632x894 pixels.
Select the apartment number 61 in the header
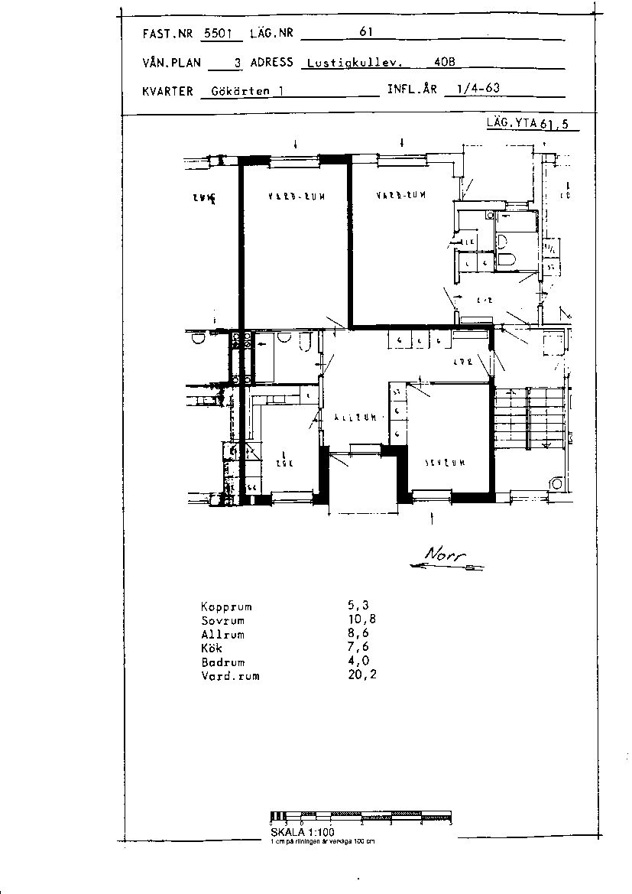tap(365, 32)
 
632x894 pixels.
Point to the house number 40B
tap(444, 63)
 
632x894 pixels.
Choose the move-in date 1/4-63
tap(478, 88)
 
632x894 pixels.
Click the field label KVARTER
tap(167, 91)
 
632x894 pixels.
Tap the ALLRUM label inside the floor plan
tap(355, 418)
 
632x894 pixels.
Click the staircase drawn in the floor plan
tap(527, 417)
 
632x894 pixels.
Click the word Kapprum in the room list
tap(226, 606)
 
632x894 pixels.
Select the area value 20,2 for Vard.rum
tap(362, 676)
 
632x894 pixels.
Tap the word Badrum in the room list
tap(223, 662)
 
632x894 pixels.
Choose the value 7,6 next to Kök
tap(359, 649)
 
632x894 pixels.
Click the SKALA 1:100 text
tap(303, 832)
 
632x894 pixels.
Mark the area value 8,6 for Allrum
tap(359, 635)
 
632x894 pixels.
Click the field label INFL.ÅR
tap(412, 89)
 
